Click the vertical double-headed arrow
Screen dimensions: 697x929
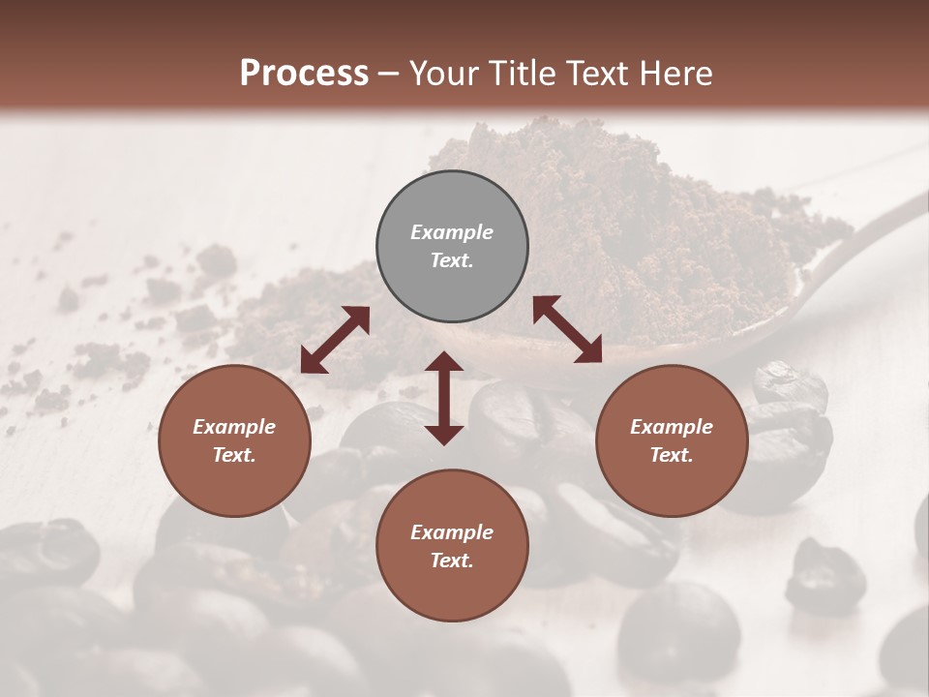coord(444,398)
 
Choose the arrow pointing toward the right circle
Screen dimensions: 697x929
coord(567,330)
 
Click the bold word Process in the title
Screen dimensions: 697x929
coord(304,73)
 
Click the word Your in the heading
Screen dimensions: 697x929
coord(444,73)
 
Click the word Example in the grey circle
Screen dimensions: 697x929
coord(452,232)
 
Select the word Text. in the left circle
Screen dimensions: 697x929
coord(234,455)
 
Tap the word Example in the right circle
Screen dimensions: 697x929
coord(672,427)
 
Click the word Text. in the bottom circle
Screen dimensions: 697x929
coord(452,561)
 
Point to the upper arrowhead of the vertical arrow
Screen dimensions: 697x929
coord(444,363)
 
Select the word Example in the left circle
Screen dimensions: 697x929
coord(234,427)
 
